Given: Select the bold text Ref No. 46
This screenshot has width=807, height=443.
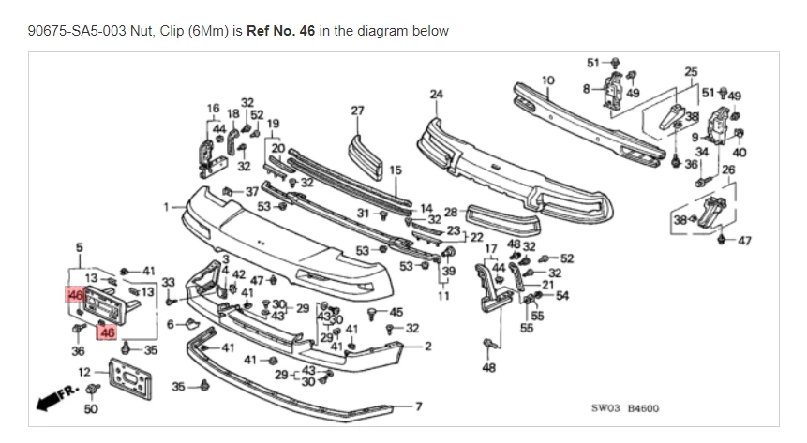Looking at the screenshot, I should (280, 31).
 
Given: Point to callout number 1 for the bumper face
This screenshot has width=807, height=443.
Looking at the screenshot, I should (168, 206).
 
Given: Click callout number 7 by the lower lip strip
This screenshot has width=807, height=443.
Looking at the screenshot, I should (419, 406).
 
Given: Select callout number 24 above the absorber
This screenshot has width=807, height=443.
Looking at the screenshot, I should (435, 94).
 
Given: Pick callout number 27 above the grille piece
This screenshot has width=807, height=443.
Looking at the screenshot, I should (357, 110).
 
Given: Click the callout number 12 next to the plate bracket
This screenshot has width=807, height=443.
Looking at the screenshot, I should (83, 373).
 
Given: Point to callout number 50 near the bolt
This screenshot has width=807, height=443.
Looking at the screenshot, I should (90, 408).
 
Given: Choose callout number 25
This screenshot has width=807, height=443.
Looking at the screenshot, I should (691, 71).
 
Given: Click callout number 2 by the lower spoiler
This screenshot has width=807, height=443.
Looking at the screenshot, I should (427, 347).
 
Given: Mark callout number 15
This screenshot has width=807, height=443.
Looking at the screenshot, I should (395, 170).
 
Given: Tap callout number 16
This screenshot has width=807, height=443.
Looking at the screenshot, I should (213, 108).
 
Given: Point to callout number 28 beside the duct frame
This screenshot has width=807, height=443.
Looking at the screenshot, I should (450, 213).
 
